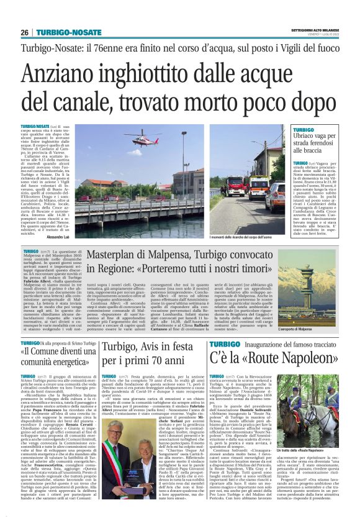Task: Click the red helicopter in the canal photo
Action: tap(140, 141)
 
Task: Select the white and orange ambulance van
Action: tap(258, 186)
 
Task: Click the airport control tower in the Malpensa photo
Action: tap(305, 279)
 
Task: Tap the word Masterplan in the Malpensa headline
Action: tap(116, 255)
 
